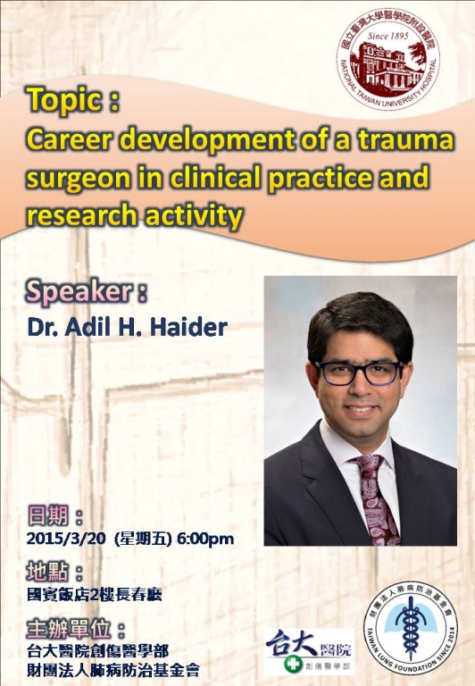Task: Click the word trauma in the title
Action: point(407,140)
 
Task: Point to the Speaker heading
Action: point(87,292)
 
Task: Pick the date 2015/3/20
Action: point(66,538)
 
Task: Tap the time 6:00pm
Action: point(205,539)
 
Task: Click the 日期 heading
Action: point(47,515)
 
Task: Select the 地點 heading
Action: point(47,572)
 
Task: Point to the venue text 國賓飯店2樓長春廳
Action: point(95,595)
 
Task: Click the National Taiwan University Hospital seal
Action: point(388,59)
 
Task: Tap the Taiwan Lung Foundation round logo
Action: point(410,628)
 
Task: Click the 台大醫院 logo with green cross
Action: point(310,651)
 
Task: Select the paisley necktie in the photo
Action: point(375,498)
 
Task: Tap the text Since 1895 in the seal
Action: point(387,36)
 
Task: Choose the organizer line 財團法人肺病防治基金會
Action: point(113,670)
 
